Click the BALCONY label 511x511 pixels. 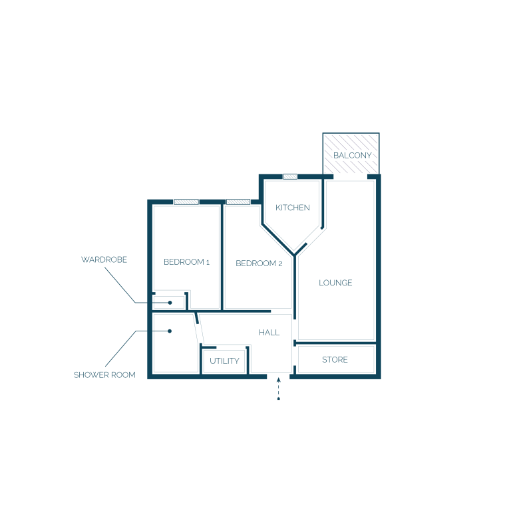coord(352,156)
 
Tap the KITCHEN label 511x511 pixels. coord(293,208)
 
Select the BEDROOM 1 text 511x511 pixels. coord(186,262)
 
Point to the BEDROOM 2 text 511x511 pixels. coord(259,263)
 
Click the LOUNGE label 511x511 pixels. coord(335,283)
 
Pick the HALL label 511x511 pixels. coord(269,333)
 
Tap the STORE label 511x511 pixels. coord(335,360)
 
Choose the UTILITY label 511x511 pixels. coord(224,361)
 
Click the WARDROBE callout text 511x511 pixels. coord(104,259)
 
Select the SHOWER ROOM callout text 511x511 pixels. coord(104,375)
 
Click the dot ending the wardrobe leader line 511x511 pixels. coord(170,303)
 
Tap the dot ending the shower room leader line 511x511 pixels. coord(170,331)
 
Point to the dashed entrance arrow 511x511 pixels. coord(279,389)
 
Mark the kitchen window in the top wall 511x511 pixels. coord(290,176)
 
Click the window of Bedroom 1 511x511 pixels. coord(186,202)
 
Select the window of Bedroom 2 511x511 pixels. coord(238,202)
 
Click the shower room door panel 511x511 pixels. coord(199,329)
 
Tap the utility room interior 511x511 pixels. coord(224,361)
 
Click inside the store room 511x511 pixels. coord(336,359)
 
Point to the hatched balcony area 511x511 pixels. coord(351,153)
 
